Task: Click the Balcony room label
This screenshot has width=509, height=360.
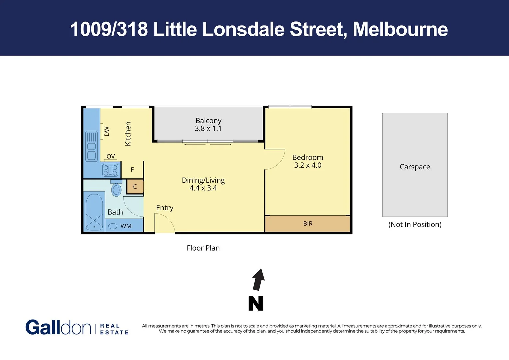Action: (208, 120)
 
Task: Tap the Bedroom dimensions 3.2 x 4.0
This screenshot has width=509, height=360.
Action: (308, 165)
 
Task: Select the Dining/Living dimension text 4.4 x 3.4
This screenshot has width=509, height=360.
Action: (203, 188)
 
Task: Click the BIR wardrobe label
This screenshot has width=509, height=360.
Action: (308, 224)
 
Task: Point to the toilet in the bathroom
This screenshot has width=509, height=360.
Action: (116, 188)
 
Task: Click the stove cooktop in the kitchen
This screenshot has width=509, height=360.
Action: (110, 170)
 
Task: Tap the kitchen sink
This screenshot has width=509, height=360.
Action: (91, 146)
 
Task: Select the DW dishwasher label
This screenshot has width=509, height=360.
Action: (107, 131)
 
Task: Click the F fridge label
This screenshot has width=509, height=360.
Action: (132, 170)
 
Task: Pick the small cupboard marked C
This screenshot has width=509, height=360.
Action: (135, 187)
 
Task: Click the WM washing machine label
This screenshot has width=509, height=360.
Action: (126, 226)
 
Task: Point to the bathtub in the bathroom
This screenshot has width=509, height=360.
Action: (94, 212)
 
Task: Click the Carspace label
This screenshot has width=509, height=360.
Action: (415, 167)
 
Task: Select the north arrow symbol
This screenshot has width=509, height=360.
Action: (259, 279)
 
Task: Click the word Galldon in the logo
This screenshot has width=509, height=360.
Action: (58, 327)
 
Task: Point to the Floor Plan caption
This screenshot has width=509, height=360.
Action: (203, 248)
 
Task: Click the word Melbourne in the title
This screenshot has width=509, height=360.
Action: (400, 29)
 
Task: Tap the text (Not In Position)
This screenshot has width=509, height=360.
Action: (415, 225)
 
